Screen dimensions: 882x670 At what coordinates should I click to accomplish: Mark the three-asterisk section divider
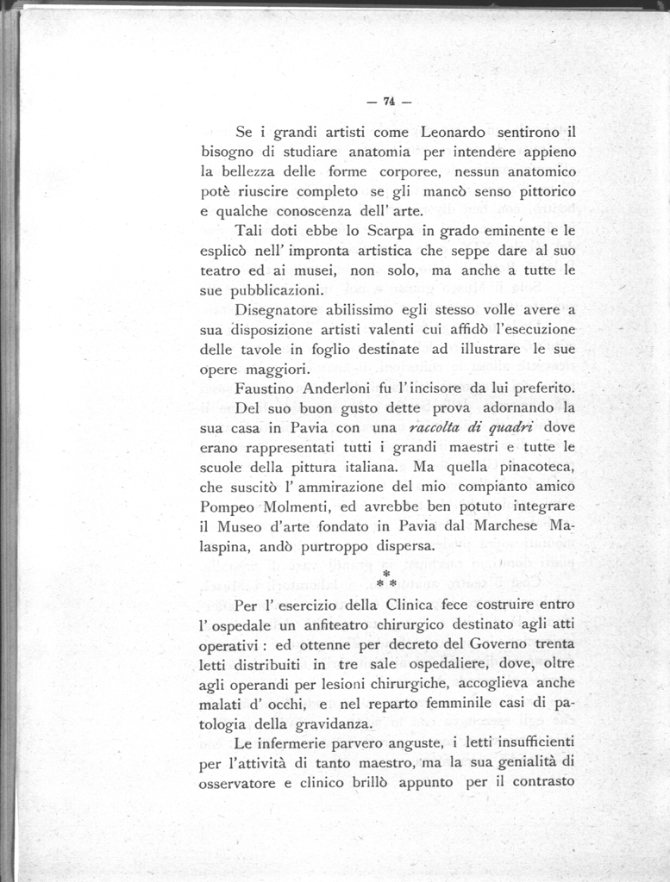[x=387, y=579]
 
